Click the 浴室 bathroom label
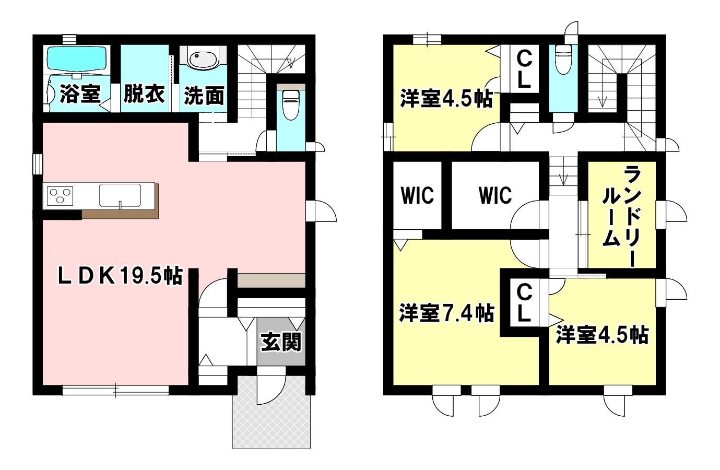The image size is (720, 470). pos(80,94)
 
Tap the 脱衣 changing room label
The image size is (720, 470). pos(144,94)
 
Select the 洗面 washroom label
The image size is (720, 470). pos(204,96)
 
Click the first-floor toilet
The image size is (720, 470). pos(291,105)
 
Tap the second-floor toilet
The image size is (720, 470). pos(563,60)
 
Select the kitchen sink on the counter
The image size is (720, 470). pos(120,195)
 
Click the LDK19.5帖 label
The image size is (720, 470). pos(120,276)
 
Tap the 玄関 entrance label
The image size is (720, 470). pos(281,342)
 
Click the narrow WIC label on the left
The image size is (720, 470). pos(417,195)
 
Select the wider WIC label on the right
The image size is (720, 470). pos(495,195)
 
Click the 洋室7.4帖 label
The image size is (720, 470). pos(447,313)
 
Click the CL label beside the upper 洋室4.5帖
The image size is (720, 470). pos(524,70)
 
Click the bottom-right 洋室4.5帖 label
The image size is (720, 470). pos(603,335)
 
